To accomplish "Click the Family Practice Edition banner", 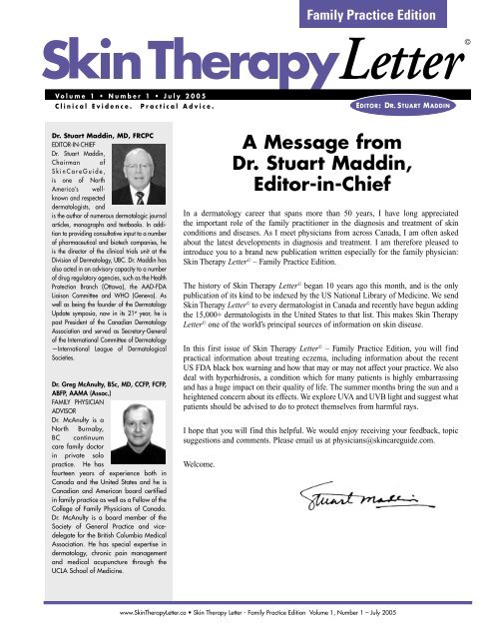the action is (410, 15).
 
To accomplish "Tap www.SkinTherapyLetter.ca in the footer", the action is (156, 631).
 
